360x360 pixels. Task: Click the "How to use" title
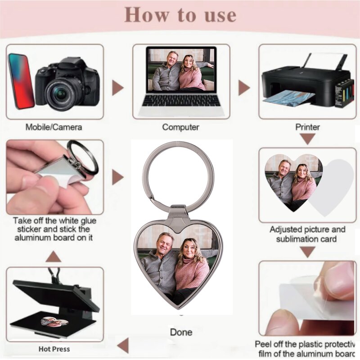[180, 14]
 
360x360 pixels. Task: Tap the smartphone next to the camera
[21, 81]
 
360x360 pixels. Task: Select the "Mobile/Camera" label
[54, 127]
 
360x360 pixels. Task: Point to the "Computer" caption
[180, 127]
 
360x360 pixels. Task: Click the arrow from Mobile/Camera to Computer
[117, 87]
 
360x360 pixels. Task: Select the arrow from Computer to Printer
[243, 87]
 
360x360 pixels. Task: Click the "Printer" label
[308, 127]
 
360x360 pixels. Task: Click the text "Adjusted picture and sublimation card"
[308, 234]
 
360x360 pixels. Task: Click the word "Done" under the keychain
[181, 332]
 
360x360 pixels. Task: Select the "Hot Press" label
[54, 349]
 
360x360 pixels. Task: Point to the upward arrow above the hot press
[54, 256]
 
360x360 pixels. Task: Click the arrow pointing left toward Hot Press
[122, 345]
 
